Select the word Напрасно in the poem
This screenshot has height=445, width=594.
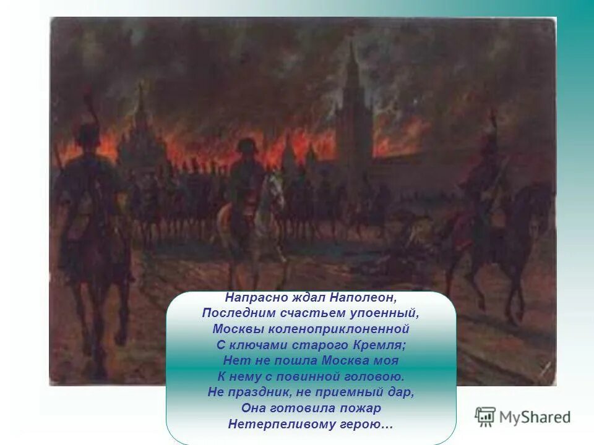[250, 297]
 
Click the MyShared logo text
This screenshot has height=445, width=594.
[535, 417]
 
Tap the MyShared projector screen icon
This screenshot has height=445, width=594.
[485, 417]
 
